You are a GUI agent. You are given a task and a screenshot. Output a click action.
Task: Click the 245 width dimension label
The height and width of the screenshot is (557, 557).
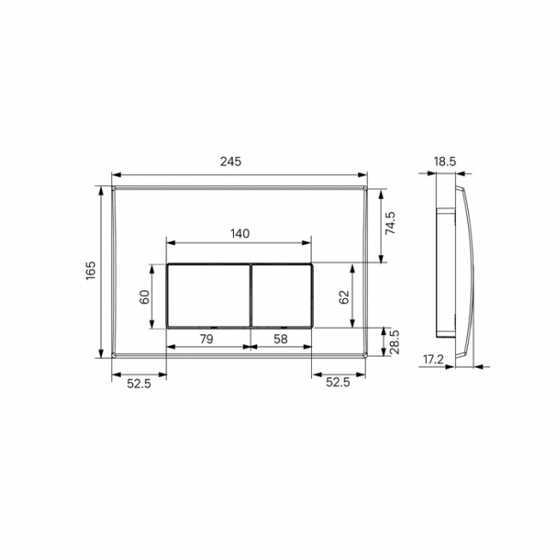click(231, 162)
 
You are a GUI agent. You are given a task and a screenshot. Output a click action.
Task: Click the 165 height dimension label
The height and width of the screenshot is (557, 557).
click(91, 270)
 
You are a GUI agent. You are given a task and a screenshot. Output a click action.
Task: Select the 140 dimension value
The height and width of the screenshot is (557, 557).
click(240, 234)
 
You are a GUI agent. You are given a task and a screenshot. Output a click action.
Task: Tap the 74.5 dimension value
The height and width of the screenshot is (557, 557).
click(390, 223)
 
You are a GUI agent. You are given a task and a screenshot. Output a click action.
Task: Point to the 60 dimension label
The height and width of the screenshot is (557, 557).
click(145, 297)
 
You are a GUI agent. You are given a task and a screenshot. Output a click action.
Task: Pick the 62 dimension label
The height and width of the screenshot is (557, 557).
click(344, 297)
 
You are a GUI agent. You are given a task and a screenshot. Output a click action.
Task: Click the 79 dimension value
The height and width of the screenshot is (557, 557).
click(207, 338)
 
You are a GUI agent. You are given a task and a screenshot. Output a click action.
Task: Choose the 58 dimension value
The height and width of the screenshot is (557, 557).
click(280, 338)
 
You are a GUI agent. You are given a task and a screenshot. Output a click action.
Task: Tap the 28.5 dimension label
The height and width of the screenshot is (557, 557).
click(394, 342)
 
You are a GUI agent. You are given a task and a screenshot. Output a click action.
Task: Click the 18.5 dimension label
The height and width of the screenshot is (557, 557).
click(445, 162)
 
